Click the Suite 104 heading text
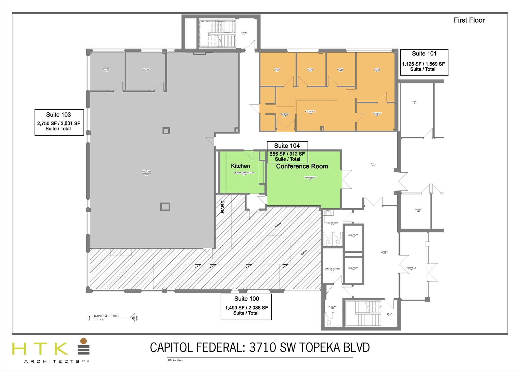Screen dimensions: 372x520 tap(287, 146)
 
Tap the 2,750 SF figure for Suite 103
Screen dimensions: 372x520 tap(47, 123)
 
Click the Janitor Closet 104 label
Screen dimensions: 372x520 tap(332, 270)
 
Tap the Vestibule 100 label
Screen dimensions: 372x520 tap(411, 269)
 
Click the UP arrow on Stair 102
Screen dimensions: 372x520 tap(374, 307)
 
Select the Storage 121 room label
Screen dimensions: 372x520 tap(377, 114)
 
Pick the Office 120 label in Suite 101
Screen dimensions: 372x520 tap(377, 70)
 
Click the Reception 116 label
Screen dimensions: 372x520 tap(310, 112)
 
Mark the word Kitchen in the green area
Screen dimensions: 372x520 tap(240, 166)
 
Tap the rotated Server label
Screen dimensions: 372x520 tap(223, 207)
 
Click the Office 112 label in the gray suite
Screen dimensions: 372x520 tap(106, 70)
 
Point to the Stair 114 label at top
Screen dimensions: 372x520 tap(244, 34)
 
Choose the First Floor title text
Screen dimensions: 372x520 tap(469, 20)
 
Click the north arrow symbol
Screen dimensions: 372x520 tap(133, 318)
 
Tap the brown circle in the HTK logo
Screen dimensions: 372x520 tap(84, 341)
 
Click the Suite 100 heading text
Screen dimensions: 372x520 tap(247, 299)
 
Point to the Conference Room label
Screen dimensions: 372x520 tap(302, 166)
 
